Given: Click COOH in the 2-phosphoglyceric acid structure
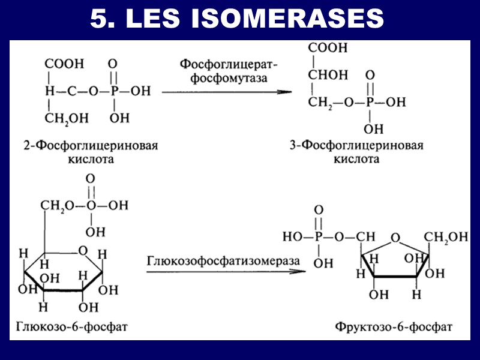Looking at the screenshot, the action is coord(64,64).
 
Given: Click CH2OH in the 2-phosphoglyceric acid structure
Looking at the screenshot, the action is coord(66,118).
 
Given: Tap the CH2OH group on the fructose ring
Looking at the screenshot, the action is coord(445,237).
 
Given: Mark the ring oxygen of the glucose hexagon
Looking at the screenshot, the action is coord(83,250).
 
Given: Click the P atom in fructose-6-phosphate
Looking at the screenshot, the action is coord(319,237).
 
